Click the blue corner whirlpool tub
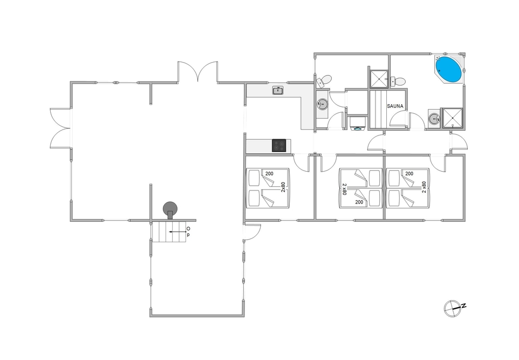click(x=448, y=69)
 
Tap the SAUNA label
click(x=395, y=106)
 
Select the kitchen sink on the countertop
click(x=278, y=91)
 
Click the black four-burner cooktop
click(x=279, y=145)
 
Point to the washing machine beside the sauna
click(x=358, y=123)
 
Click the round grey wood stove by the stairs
click(x=170, y=209)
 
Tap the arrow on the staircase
click(x=177, y=232)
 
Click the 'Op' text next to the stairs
click(x=188, y=232)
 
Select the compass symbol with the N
click(x=454, y=308)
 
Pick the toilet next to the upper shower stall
click(x=398, y=81)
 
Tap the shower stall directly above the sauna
click(x=378, y=79)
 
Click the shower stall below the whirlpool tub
click(x=452, y=118)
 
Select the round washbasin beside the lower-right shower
click(x=434, y=118)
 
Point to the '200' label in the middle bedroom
click(x=359, y=202)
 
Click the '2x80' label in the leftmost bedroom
click(x=283, y=187)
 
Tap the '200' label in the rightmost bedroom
click(x=409, y=174)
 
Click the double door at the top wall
click(x=198, y=71)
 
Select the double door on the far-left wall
click(x=60, y=128)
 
